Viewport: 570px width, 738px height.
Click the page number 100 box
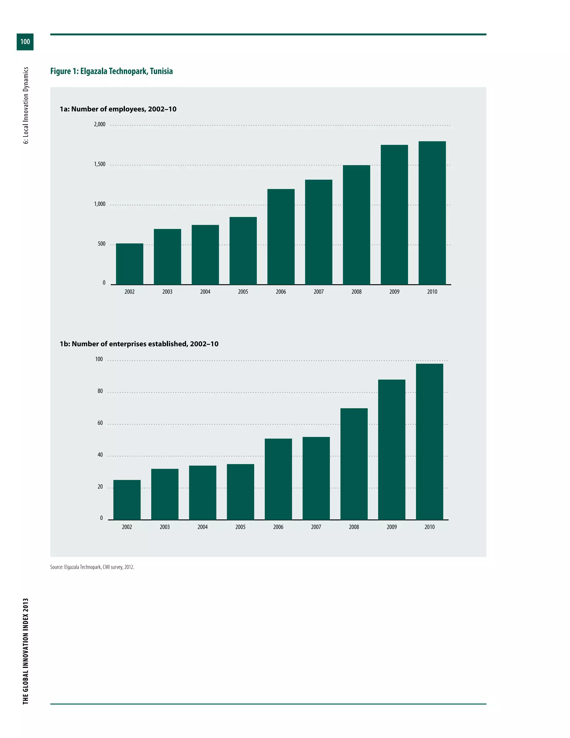coord(25,41)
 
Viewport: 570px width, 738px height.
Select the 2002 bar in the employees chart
coord(129,264)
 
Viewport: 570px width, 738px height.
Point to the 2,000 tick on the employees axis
coord(100,124)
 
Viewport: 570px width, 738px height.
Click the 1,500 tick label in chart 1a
coord(100,164)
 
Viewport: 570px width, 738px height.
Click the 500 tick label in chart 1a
coord(101,244)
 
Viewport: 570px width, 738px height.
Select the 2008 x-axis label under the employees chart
coord(356,292)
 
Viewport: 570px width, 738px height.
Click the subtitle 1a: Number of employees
coord(118,109)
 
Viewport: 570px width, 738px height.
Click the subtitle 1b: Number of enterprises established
coord(139,344)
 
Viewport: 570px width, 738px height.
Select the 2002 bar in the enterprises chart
coord(127,500)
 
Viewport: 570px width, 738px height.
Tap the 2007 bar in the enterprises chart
coord(316,478)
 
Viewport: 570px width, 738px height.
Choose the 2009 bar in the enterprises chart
coord(392,449)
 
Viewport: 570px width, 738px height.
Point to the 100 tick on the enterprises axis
coord(99,359)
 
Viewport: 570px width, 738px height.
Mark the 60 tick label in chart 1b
coord(100,423)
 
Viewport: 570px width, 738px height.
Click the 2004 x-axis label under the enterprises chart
coord(203,527)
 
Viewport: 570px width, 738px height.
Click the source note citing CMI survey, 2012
coord(92,567)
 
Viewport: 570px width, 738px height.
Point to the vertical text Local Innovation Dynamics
coord(26,106)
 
